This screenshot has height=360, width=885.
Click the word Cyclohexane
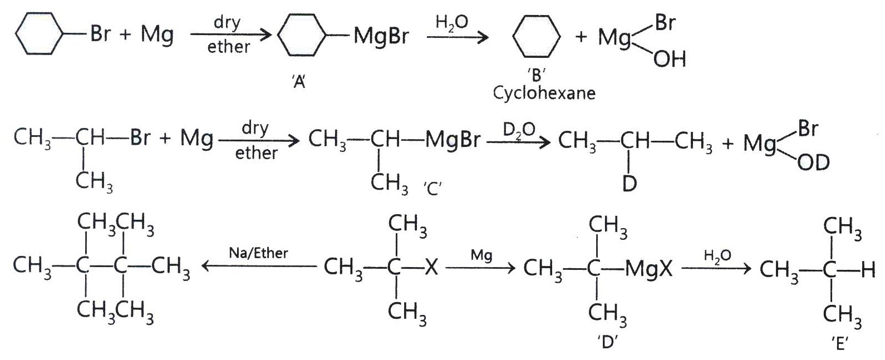tap(544, 93)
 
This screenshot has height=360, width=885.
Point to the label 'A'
tap(299, 82)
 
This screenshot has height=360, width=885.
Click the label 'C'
tap(432, 189)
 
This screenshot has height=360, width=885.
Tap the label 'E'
tap(840, 343)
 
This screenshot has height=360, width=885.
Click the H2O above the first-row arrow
tap(451, 22)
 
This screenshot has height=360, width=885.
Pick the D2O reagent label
tap(519, 130)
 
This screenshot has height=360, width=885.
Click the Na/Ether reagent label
tap(258, 253)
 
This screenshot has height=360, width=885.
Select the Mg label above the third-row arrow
tap(481, 255)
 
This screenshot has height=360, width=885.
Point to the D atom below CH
tap(630, 184)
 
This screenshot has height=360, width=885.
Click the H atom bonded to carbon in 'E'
tap(868, 270)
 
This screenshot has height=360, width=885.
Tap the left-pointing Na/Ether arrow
tap(259, 267)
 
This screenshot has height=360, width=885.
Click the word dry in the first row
tap(227, 22)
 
